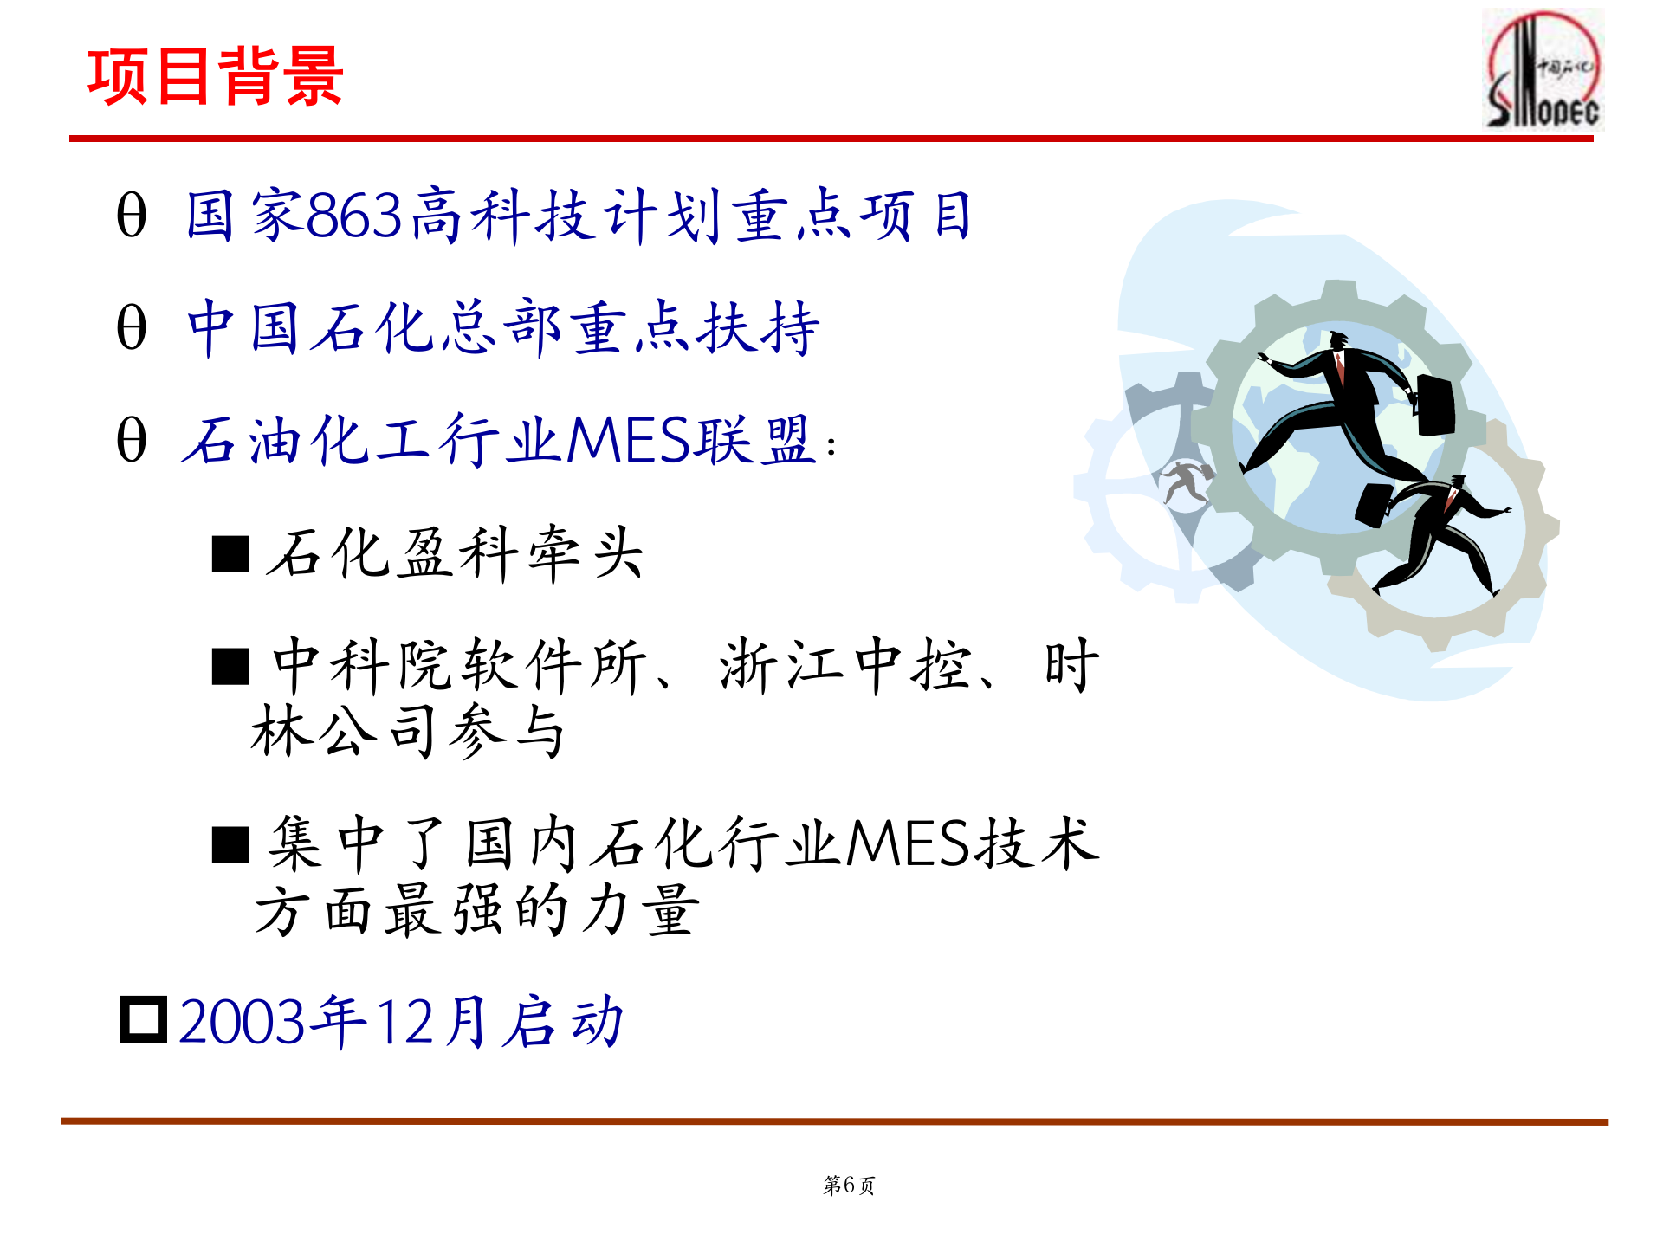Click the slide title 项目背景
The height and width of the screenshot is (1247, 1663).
215,77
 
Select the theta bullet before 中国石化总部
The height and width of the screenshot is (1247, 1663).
132,328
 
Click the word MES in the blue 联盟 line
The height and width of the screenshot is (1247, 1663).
630,440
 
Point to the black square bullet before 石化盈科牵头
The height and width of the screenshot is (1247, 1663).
230,554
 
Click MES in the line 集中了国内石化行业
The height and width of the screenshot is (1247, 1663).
908,843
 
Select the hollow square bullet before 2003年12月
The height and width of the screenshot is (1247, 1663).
143,1020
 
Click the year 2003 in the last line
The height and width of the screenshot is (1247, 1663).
243,1022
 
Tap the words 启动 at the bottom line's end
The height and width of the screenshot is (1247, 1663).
565,1022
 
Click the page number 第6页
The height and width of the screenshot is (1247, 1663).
849,1185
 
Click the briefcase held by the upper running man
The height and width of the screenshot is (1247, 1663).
1435,405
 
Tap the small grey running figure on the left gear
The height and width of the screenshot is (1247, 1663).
1187,481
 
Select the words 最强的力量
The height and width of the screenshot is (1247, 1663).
541,911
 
